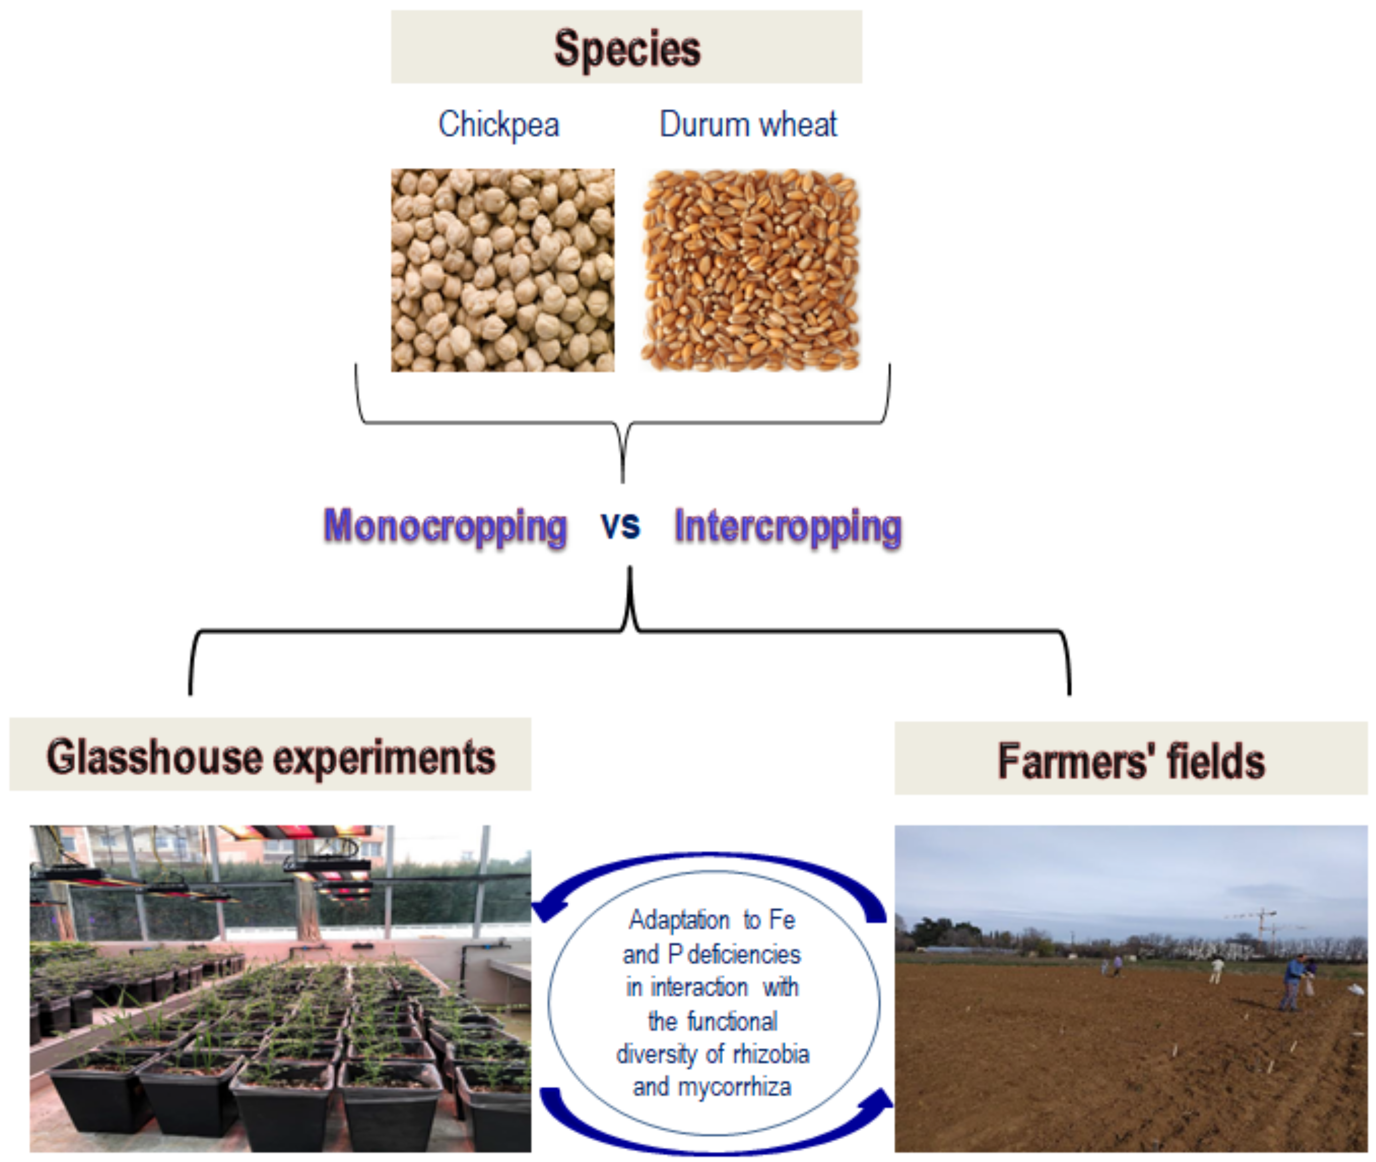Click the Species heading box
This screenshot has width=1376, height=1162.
point(626,47)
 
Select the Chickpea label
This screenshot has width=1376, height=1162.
point(498,124)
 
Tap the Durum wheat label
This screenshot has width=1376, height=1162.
point(748,124)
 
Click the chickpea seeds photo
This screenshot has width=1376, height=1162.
point(502,270)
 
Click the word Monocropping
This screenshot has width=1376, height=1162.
point(445,527)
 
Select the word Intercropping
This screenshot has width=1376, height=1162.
point(788,527)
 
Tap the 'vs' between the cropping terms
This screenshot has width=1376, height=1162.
point(620,526)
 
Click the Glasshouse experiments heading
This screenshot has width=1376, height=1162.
point(270,755)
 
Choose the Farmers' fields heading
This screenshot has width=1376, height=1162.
point(1130,760)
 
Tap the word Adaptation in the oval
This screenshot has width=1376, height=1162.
point(679,919)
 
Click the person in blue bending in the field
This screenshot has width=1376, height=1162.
point(1292,981)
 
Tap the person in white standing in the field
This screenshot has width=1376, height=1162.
point(1217,970)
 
